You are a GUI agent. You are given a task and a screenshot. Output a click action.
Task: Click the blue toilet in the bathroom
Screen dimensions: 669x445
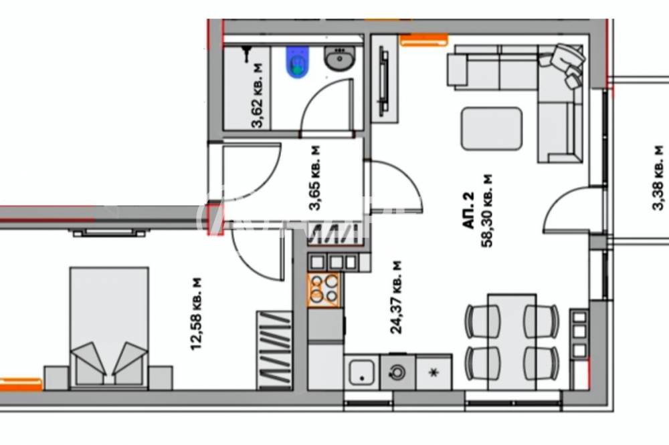pyautogui.click(x=298, y=63)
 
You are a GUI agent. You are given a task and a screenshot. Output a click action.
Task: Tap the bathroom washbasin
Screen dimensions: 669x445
pyautogui.click(x=340, y=58)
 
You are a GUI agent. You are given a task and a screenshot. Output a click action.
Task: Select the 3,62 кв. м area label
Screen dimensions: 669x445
pyautogui.click(x=258, y=96)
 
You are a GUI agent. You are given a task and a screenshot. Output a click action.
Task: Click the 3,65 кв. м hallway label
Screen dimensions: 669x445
pyautogui.click(x=316, y=178)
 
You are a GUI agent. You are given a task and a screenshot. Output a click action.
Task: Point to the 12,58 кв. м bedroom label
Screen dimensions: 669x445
pyautogui.click(x=197, y=314)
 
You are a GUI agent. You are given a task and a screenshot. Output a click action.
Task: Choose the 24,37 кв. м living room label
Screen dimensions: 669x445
pyautogui.click(x=396, y=297)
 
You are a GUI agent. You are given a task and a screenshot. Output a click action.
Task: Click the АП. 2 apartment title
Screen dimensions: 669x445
pyautogui.click(x=468, y=210)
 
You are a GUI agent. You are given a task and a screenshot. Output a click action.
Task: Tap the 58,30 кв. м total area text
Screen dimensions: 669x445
pyautogui.click(x=487, y=210)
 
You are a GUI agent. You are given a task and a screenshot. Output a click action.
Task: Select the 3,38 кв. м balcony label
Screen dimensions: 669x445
pyautogui.click(x=658, y=178)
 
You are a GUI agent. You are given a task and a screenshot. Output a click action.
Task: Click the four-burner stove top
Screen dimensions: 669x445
pyautogui.click(x=324, y=290)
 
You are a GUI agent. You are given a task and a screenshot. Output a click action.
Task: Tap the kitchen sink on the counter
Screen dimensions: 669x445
pyautogui.click(x=362, y=373)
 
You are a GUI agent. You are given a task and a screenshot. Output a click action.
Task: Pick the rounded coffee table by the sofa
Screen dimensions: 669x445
pyautogui.click(x=492, y=129)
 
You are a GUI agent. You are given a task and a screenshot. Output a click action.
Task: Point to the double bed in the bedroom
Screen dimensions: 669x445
pyautogui.click(x=109, y=327)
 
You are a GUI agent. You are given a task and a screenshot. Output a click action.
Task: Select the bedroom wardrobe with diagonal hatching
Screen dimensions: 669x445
pyautogui.click(x=275, y=350)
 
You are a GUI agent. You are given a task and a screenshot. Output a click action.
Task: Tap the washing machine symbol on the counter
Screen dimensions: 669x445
pyautogui.click(x=397, y=373)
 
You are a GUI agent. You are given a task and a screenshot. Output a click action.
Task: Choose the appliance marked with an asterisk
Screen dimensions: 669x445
pyautogui.click(x=434, y=373)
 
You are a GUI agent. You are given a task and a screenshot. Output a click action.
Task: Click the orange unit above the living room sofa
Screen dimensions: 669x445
pyautogui.click(x=423, y=40)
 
